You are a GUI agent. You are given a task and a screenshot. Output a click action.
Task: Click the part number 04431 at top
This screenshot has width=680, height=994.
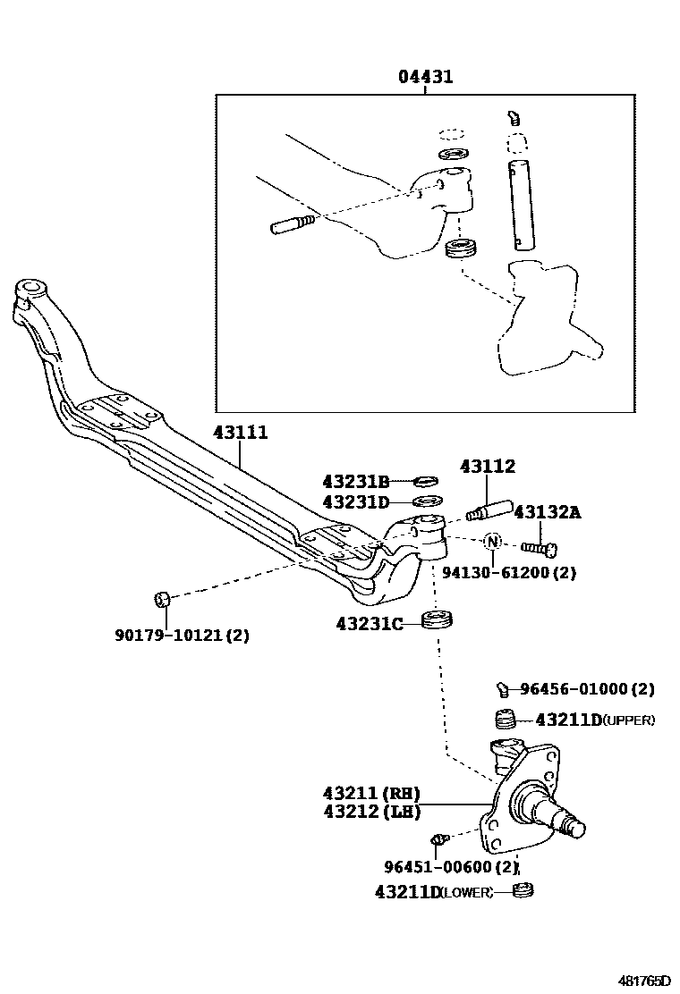[x=426, y=77]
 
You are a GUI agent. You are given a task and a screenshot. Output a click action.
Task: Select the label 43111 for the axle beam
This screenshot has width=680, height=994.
[x=240, y=433]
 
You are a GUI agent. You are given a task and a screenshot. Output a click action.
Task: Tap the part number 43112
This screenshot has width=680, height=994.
[x=488, y=467]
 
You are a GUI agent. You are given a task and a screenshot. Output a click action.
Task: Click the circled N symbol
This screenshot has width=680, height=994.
[x=492, y=541]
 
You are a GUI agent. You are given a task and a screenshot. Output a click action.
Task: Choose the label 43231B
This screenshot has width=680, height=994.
[x=356, y=482]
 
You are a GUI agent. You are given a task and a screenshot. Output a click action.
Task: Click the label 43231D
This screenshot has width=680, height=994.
[x=356, y=502]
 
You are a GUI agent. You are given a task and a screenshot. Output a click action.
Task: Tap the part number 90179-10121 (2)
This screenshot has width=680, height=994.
[x=182, y=636]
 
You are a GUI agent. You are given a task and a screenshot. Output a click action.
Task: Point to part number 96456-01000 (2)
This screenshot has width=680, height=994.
[x=587, y=689]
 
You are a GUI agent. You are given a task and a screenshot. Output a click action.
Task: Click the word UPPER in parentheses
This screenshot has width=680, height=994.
[x=629, y=720]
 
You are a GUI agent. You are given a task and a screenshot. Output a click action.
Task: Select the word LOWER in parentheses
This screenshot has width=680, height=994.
[x=466, y=892]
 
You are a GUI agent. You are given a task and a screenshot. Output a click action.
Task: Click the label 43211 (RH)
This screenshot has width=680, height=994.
[x=371, y=794]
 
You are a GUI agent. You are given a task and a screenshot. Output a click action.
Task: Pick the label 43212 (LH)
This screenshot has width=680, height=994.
[x=371, y=813]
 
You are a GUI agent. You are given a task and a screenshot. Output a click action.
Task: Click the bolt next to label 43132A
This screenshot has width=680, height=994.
[x=540, y=546]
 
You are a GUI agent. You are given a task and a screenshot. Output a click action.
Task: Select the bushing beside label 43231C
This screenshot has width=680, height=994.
[x=439, y=619]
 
